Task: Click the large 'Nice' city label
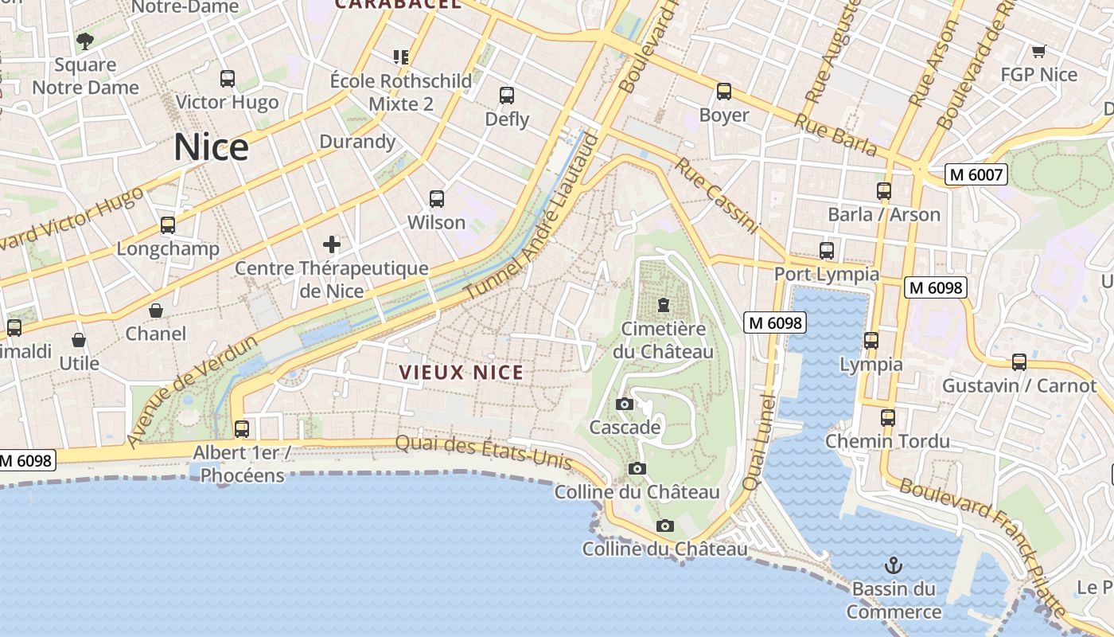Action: [211, 147]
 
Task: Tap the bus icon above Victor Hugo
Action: [228, 79]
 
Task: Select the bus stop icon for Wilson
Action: [436, 199]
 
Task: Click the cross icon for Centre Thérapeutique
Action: [332, 244]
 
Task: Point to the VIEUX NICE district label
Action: [462, 373]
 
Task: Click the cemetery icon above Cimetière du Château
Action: [663, 304]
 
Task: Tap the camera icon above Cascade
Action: [625, 404]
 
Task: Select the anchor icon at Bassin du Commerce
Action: [894, 566]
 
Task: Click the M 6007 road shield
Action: [976, 174]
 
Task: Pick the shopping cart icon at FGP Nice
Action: [1038, 52]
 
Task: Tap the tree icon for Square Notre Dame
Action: [85, 41]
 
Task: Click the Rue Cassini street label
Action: [716, 196]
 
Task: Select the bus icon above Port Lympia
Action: [827, 251]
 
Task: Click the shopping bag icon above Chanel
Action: [156, 311]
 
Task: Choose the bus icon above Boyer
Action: [723, 92]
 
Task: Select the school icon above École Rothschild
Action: [401, 57]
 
